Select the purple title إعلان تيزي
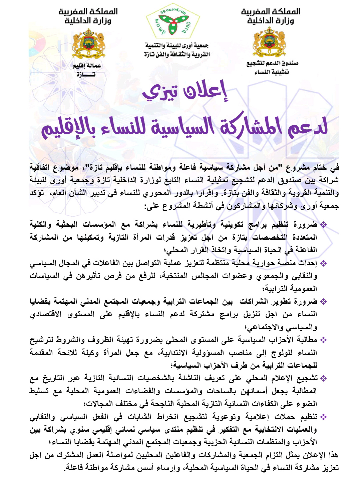tap(185, 91)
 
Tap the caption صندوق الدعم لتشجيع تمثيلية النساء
tap(272, 68)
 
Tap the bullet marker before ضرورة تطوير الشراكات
tap(323, 302)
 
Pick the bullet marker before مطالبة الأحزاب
tap(323, 340)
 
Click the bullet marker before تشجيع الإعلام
tap(323, 379)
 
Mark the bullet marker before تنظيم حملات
tap(323, 417)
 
